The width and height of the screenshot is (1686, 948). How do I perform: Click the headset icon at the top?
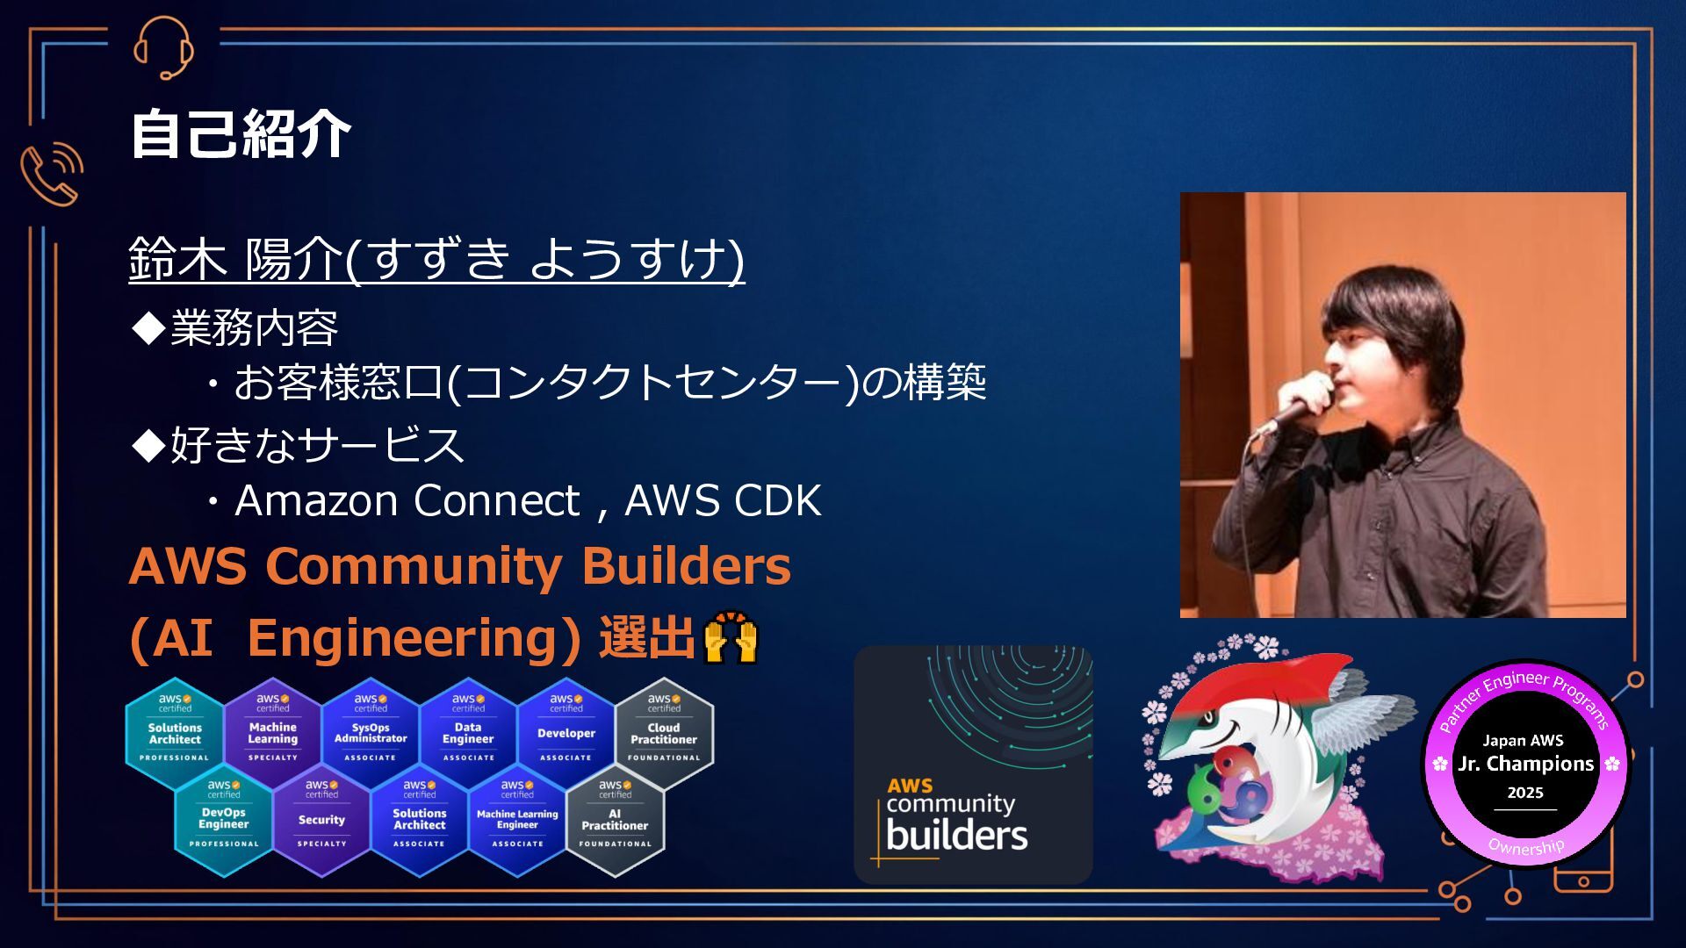(163, 47)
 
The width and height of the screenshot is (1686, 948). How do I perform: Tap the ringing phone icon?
(52, 174)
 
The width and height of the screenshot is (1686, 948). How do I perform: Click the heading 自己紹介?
(240, 134)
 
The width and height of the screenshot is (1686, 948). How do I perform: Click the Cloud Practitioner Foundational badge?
(664, 734)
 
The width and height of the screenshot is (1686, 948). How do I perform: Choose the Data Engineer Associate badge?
(468, 734)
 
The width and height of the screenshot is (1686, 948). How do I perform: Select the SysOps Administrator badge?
(371, 734)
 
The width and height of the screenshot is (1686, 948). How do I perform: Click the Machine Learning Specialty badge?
(272, 734)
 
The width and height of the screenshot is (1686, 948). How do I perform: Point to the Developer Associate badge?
(566, 734)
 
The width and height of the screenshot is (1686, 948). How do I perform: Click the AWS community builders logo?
(973, 765)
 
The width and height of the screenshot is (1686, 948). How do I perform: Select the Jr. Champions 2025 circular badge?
(1525, 764)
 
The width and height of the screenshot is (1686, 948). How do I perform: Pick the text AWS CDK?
(722, 501)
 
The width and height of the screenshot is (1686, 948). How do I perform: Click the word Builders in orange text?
(686, 566)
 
